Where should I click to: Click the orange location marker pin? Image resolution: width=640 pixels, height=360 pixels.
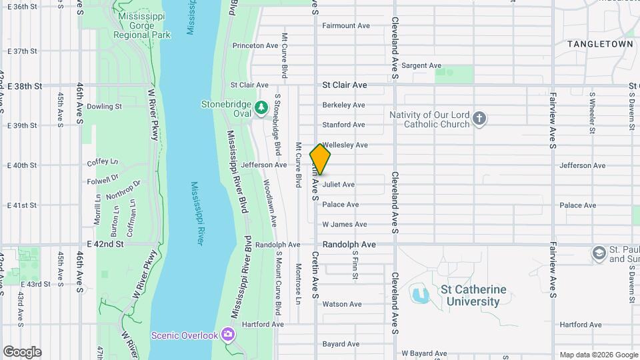[x=321, y=159]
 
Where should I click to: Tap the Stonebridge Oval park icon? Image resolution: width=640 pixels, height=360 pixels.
[x=261, y=106]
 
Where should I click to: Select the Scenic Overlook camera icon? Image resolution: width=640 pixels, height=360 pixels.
[x=229, y=333]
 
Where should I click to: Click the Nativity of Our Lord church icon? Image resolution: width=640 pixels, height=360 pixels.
[x=479, y=119]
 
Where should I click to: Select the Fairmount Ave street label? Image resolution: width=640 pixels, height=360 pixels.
[x=346, y=26]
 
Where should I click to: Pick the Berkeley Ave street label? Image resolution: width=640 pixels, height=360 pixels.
[x=343, y=105]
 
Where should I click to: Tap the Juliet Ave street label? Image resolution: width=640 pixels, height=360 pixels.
[x=339, y=185]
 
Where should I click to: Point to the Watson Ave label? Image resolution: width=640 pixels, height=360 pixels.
[x=342, y=305]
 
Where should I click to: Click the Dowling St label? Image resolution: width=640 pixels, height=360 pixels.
[x=104, y=106]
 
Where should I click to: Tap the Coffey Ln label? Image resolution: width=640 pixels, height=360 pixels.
[x=102, y=163]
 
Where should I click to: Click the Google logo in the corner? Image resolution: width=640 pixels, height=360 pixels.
[x=22, y=352]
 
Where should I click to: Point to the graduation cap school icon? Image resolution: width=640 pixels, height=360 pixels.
[x=599, y=253]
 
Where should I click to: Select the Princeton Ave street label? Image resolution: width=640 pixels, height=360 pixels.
[x=255, y=46]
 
